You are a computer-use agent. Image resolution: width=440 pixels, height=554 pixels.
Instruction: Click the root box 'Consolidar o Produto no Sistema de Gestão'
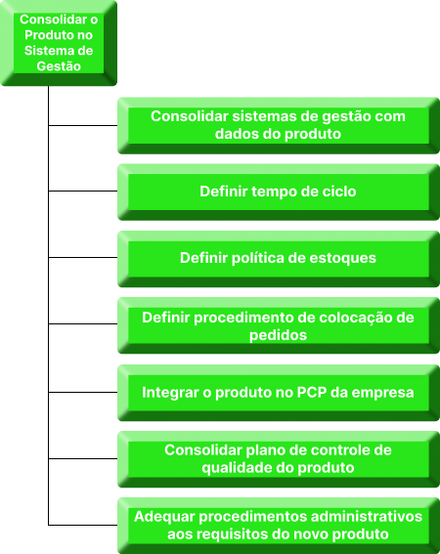pos(59,43)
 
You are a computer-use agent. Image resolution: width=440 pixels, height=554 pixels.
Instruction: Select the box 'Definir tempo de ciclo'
pos(279,192)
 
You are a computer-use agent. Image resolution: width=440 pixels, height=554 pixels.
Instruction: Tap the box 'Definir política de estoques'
pos(279,258)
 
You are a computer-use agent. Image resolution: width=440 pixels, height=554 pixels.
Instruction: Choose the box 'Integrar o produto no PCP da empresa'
pos(279,393)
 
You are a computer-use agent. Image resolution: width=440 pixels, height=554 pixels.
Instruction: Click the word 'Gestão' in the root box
pos(59,66)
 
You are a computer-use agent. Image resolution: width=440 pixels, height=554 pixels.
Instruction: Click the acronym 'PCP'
pos(312,393)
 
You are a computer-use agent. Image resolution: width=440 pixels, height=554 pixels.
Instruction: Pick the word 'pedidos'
pos(278,335)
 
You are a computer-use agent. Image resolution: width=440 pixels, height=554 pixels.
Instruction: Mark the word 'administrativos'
pos(367,517)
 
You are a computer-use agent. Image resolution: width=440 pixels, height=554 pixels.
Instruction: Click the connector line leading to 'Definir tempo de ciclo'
pos(83,192)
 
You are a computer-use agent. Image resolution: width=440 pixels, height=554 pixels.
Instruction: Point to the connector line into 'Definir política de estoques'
pos(83,258)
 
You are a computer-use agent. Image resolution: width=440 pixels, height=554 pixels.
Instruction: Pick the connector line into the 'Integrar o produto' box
pos(83,392)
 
